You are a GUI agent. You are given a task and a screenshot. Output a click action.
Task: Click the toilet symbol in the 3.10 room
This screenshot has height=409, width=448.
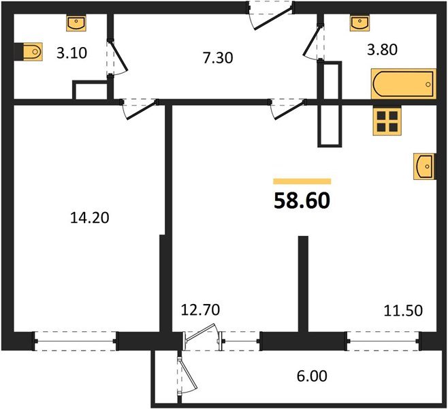pos(33,52)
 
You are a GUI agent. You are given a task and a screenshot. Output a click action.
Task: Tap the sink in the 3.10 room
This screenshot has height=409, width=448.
pos(76,23)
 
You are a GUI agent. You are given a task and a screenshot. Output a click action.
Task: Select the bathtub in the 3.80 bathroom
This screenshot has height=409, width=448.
pos(404,84)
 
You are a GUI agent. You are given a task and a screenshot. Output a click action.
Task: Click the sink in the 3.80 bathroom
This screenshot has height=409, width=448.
pos(359,23)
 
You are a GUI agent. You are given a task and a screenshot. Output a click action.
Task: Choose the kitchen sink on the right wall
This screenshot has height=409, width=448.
pos(424,166)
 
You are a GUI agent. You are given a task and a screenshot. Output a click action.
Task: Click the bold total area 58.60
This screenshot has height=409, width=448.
pos(302,201)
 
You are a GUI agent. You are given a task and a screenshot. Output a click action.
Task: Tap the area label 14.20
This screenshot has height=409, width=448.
pos(89,217)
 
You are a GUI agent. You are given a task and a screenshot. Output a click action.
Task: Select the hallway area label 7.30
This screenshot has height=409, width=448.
pos(218,58)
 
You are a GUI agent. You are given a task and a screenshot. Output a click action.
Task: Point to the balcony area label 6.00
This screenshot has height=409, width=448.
pos(312,376)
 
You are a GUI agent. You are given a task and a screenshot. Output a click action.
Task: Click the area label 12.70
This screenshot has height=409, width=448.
pos(200,309)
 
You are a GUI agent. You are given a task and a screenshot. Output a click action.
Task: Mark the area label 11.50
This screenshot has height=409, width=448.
pos(403,311)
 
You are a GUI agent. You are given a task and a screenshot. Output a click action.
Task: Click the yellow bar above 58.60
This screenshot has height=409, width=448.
pos(302,181)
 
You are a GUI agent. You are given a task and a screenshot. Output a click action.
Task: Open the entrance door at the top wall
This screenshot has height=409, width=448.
pos(271,15)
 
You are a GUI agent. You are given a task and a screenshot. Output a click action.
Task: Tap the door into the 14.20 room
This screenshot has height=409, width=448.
pos(140,109)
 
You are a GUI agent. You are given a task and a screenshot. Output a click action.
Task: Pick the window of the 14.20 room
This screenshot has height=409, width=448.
pos(76,341)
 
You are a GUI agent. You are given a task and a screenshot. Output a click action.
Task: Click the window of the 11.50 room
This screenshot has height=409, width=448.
pos(383,341)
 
